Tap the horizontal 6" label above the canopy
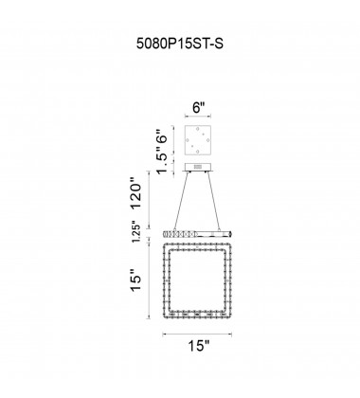pos(198,107)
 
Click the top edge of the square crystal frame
pos(198,246)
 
